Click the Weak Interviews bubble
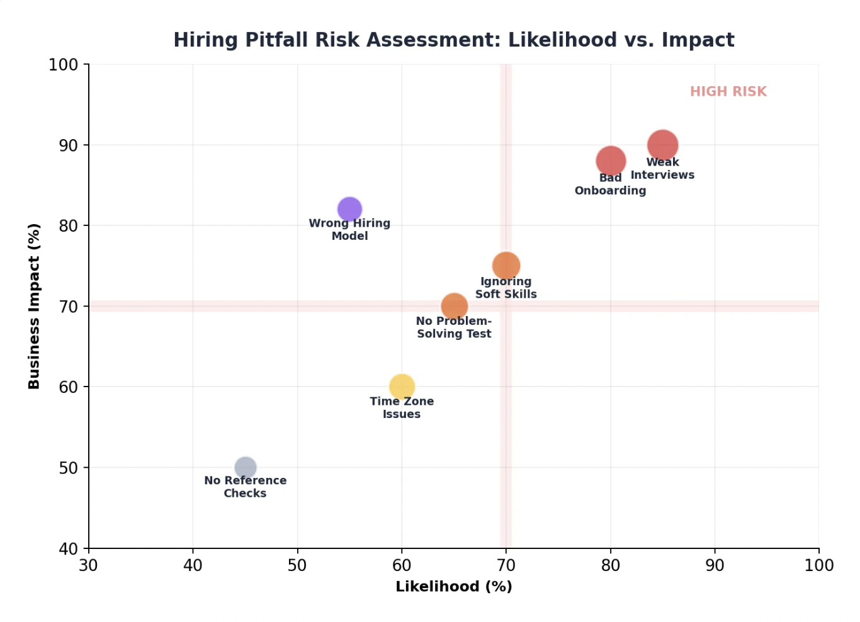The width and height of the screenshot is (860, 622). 662,145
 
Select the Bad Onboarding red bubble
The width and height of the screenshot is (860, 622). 610,161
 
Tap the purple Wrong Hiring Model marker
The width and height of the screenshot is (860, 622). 349,209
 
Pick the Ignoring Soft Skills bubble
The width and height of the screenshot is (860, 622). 506,266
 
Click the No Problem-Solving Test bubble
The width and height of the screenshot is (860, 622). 454,307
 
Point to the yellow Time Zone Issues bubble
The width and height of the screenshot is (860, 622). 402,387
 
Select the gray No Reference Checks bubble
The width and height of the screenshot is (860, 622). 245,468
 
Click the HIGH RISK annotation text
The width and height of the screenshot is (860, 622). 728,92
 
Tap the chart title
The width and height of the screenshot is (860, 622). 453,40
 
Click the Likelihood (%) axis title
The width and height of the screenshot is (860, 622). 453,587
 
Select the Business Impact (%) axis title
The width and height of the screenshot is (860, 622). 34,306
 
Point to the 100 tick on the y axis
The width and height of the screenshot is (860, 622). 63,65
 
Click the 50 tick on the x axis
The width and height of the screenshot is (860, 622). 297,565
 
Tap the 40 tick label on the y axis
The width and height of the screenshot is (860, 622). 68,549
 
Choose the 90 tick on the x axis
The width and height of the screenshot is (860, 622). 715,565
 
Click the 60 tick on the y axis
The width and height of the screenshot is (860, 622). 68,387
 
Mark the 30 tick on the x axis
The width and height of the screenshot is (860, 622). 88,565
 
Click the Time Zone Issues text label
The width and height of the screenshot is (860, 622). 402,407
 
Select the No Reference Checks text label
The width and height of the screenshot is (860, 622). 245,487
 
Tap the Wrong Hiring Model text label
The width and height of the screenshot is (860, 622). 349,229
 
